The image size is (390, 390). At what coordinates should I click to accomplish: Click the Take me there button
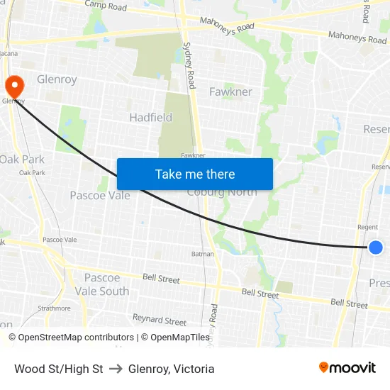194,174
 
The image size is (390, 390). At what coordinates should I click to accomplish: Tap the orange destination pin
14,87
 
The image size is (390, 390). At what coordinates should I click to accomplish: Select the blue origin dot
376,247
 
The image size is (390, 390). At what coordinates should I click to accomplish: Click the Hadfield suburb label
150,117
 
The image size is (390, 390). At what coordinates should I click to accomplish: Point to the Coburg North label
221,192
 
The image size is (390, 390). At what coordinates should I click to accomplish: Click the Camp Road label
106,6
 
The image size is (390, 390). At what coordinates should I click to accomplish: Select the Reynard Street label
160,321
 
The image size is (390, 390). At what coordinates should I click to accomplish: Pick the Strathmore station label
54,308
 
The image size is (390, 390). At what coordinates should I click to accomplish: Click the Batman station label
202,253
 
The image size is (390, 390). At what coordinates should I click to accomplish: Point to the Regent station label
367,227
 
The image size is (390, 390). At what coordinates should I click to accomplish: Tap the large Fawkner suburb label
230,91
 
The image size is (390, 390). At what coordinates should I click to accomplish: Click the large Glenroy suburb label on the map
57,79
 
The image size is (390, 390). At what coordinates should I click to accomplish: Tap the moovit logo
347,367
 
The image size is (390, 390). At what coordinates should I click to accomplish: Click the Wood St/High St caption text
59,369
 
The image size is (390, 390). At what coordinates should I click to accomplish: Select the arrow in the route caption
116,369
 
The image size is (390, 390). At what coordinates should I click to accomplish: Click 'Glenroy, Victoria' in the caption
172,369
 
